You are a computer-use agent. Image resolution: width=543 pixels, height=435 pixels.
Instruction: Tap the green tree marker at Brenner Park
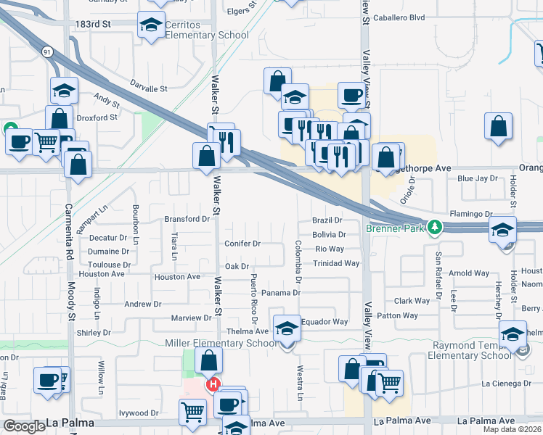pos(435,227)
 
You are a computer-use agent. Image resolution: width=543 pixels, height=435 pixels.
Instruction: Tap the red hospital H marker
pos(213,384)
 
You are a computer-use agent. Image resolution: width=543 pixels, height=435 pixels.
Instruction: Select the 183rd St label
pos(92,24)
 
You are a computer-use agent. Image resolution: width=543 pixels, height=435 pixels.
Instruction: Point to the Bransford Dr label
pos(187,218)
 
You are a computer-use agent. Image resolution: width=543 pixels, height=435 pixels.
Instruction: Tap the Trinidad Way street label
pos(337,263)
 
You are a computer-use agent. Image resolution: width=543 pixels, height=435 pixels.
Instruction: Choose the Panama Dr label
pos(281,292)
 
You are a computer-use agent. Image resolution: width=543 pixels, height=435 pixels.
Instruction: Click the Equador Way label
pos(324,321)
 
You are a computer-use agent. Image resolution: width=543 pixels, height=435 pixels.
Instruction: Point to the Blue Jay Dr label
pos(476,178)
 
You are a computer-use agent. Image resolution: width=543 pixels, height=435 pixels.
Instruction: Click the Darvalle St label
pos(149,88)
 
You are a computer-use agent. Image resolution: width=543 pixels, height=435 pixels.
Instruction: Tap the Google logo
pos(24,426)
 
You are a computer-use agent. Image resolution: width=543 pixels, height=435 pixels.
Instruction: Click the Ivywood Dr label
pos(139,413)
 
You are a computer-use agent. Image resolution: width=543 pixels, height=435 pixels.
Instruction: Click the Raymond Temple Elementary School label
pos(470,350)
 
